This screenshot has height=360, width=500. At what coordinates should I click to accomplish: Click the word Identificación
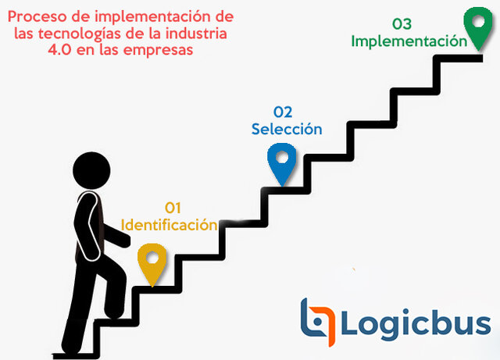pos(169,225)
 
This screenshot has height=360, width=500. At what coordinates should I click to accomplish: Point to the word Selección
pos(287,129)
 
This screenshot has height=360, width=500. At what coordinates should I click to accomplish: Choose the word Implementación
pos(409,41)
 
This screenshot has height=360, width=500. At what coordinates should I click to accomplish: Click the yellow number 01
pos(173,208)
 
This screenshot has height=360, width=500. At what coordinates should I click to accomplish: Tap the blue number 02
pos(283,112)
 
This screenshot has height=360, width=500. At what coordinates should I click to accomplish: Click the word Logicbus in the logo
pos(415,322)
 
